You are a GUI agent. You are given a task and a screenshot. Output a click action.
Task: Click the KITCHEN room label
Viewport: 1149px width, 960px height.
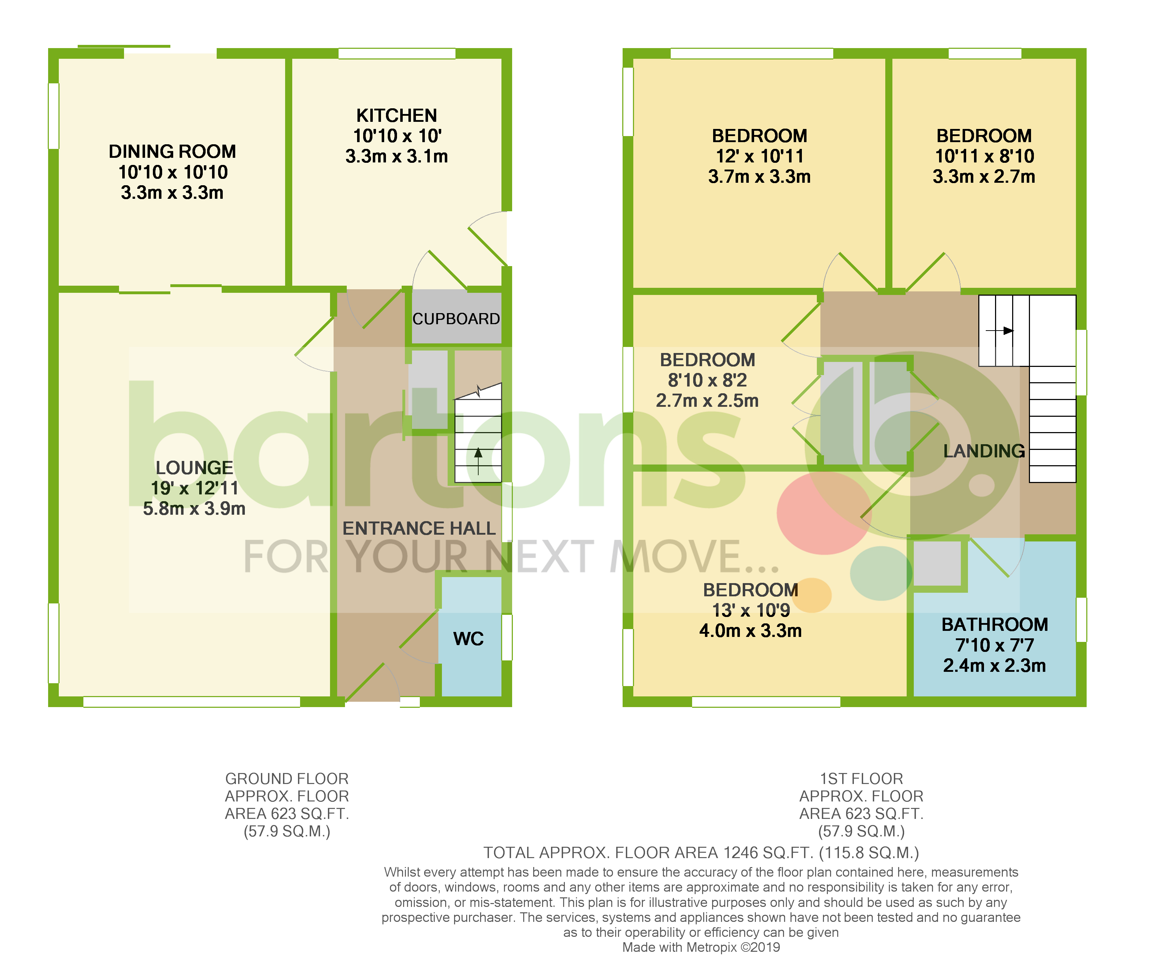[396, 115]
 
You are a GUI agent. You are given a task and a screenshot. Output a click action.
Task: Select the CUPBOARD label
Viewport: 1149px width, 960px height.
[456, 319]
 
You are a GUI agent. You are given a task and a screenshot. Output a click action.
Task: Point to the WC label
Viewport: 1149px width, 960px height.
[468, 638]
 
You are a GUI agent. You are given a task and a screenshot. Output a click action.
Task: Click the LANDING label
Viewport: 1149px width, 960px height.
[984, 451]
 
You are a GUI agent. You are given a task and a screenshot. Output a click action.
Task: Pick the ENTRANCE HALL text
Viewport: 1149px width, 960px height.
[418, 528]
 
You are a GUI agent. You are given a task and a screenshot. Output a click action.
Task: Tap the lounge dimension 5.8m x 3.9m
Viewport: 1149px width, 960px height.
[194, 509]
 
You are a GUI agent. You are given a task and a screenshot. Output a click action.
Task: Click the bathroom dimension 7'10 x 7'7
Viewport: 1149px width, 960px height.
[994, 645]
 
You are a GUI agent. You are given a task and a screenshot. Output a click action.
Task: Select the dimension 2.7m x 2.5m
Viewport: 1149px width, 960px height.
[707, 400]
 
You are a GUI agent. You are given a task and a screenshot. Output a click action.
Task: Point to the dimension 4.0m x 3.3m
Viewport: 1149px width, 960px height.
[750, 631]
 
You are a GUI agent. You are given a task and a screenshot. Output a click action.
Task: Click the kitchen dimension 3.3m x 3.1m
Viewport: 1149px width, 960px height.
[396, 156]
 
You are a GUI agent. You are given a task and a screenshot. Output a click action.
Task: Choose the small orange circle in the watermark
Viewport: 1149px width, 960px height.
[811, 595]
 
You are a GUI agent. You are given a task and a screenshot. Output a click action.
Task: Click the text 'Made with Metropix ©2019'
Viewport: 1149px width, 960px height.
[701, 947]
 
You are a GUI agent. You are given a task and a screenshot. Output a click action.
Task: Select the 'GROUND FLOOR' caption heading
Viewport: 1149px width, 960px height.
[287, 778]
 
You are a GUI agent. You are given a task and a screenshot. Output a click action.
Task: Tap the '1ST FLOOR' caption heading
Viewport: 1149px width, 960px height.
[861, 778]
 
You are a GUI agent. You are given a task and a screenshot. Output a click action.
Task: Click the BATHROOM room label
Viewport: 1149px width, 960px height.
[994, 624]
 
